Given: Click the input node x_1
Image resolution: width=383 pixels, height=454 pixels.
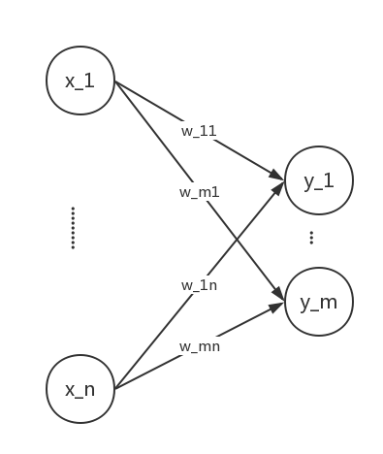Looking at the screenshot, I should pos(80,80).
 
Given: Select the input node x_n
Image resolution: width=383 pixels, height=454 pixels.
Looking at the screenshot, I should pos(80,389).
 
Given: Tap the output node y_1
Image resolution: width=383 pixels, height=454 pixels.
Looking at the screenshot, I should pos(318,179).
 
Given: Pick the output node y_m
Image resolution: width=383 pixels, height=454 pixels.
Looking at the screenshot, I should pos(318,302).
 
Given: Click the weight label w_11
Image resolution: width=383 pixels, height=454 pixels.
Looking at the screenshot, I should pos(199,129).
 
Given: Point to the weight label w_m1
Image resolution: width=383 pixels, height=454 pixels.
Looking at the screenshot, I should pos(199,191).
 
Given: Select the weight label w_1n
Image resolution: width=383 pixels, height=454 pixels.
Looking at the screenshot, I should pos(199,285).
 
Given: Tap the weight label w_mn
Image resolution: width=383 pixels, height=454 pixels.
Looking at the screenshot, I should pos(199,346).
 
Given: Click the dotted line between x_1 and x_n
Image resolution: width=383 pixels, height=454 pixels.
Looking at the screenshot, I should pos(73,228).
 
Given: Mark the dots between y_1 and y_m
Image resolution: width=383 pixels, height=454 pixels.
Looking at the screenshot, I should pos(311,238).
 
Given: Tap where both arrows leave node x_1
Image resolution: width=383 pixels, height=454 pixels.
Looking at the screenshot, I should pos(115,82).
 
